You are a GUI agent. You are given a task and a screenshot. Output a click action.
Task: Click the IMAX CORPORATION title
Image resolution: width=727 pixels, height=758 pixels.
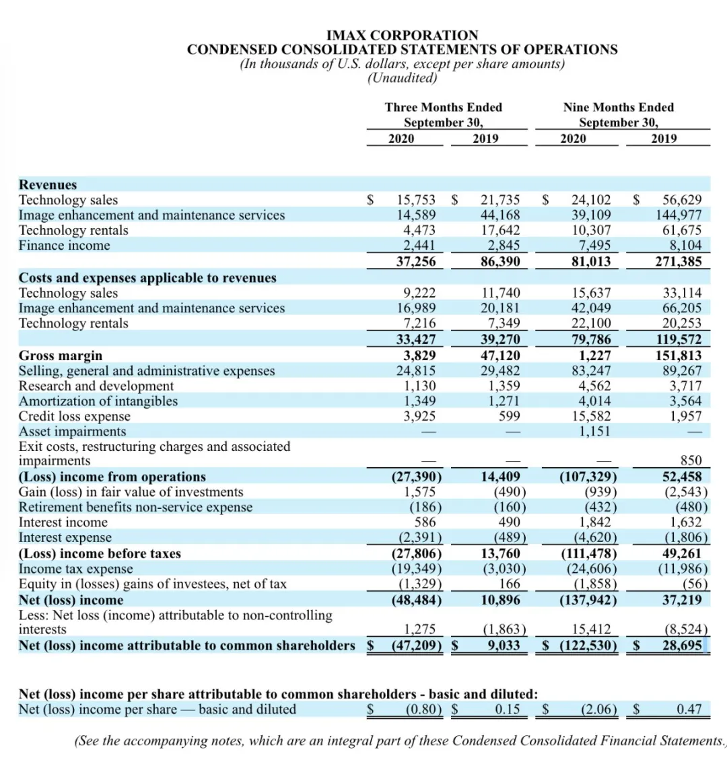coord(402,35)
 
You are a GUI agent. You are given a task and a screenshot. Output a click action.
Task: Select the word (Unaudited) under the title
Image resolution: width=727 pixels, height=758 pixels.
coord(402,78)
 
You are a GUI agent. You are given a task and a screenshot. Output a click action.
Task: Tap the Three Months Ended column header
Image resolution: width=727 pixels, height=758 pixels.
coord(443,107)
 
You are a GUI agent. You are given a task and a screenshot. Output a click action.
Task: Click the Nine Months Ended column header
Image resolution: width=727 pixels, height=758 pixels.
coord(618,107)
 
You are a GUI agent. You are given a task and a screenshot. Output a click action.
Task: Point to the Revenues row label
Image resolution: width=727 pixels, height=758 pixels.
coord(48,184)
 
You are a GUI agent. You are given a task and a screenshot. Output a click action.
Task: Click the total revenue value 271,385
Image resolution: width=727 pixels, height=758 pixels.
coord(679,261)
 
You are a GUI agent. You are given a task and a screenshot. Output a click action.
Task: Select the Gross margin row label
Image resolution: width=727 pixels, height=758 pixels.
coord(61,355)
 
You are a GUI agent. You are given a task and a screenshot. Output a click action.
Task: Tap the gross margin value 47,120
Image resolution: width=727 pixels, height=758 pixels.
coord(500,355)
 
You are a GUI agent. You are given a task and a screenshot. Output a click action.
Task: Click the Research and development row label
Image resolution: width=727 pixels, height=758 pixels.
coord(96,386)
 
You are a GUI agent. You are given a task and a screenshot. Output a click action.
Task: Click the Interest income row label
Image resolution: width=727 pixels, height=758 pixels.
coord(63,522)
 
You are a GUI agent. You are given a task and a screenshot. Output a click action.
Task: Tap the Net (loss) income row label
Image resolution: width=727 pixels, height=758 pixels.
coord(71,600)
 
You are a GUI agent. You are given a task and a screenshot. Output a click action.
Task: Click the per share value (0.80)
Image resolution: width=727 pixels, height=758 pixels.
coord(424,709)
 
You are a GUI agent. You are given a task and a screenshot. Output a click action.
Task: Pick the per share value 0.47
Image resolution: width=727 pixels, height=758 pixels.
coord(689,709)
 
